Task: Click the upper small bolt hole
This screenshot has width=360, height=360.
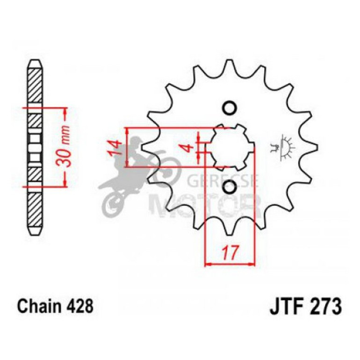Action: (229, 108)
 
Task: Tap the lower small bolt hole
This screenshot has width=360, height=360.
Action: (229, 187)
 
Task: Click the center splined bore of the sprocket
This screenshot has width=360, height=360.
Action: (229, 147)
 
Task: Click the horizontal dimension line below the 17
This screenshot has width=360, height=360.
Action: (229, 264)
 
